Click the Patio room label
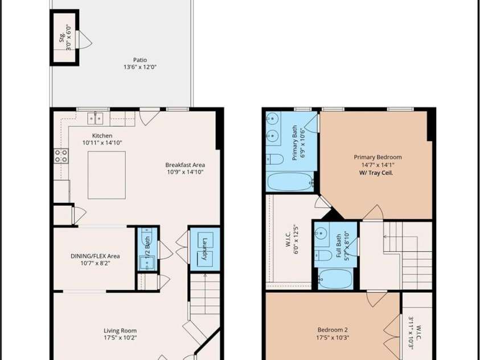pyautogui.click(x=140, y=60)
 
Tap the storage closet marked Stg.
pyautogui.click(x=64, y=38)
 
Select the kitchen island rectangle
pyautogui.click(x=106, y=175)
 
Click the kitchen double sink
pyautogui.click(x=95, y=118)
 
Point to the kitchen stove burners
pyautogui.click(x=61, y=156)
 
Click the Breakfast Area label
pyautogui.click(x=185, y=165)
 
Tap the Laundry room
pyautogui.click(x=205, y=249)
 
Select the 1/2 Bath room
pyautogui.click(x=147, y=249)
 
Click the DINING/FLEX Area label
pyautogui.click(x=95, y=256)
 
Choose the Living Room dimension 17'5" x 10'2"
pyautogui.click(x=120, y=338)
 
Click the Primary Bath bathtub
pyautogui.click(x=290, y=182)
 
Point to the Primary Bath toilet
pyautogui.click(x=274, y=159)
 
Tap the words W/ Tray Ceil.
pyautogui.click(x=376, y=173)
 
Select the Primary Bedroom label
pyautogui.click(x=378, y=157)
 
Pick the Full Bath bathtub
pyautogui.click(x=335, y=279)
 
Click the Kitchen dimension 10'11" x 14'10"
pyautogui.click(x=102, y=142)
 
